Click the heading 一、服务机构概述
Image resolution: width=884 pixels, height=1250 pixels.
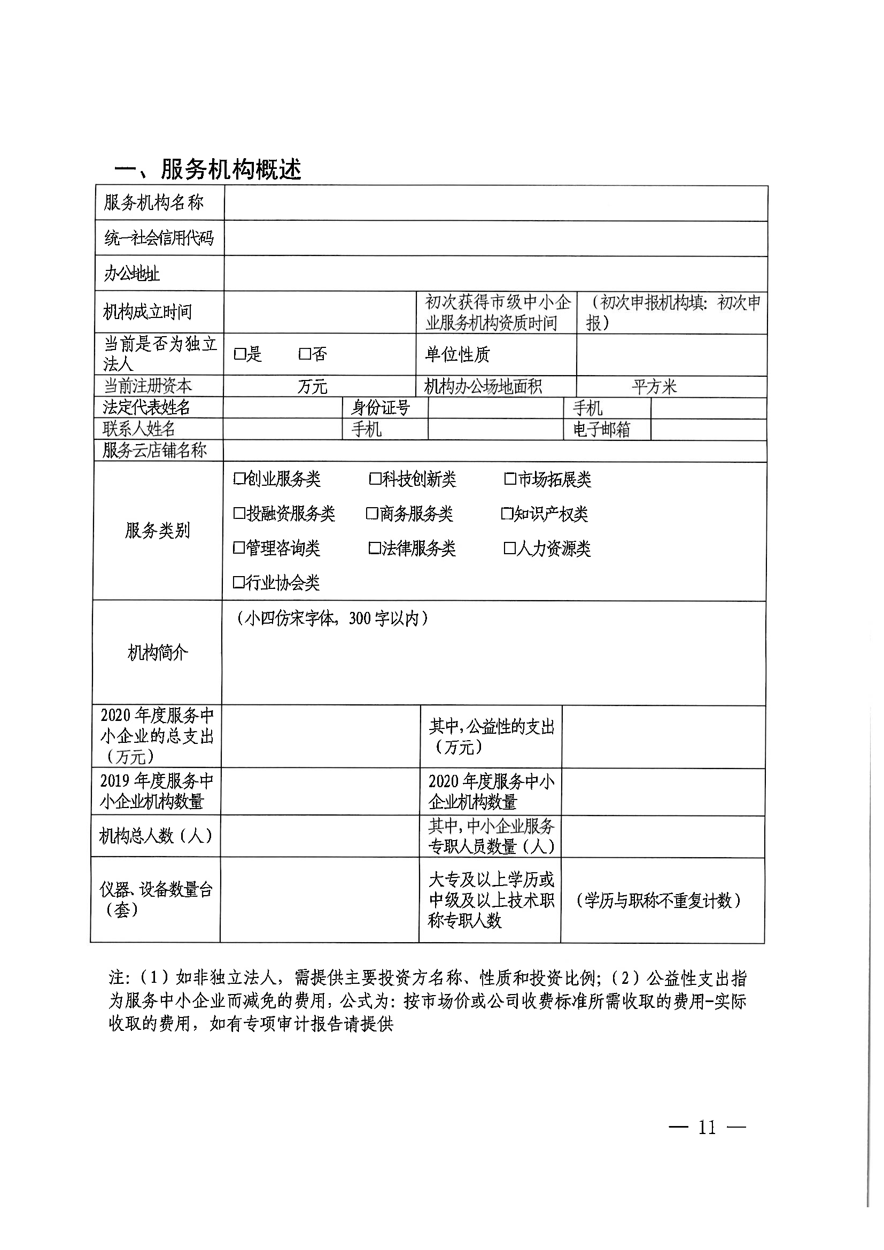207,170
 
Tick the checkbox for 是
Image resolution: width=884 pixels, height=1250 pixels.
239,354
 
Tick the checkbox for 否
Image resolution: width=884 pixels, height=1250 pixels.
305,354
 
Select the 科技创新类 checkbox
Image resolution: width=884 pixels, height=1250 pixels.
375,479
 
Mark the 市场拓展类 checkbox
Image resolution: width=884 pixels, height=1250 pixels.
510,479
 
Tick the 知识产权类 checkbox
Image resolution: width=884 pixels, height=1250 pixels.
507,514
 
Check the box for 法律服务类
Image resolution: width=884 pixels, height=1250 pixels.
375,548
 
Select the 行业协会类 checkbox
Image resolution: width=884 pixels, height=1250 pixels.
239,583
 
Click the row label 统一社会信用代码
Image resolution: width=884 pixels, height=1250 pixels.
159,238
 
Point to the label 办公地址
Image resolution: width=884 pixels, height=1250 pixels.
131,274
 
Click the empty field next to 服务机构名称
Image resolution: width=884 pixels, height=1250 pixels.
495,203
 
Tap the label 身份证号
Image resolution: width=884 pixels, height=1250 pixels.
381,408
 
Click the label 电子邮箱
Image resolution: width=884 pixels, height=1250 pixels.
601,430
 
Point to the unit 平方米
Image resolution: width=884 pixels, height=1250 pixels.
654,387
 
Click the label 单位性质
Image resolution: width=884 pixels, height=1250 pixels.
457,355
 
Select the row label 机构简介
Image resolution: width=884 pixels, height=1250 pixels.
158,652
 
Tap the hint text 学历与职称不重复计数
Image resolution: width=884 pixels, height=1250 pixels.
658,901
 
